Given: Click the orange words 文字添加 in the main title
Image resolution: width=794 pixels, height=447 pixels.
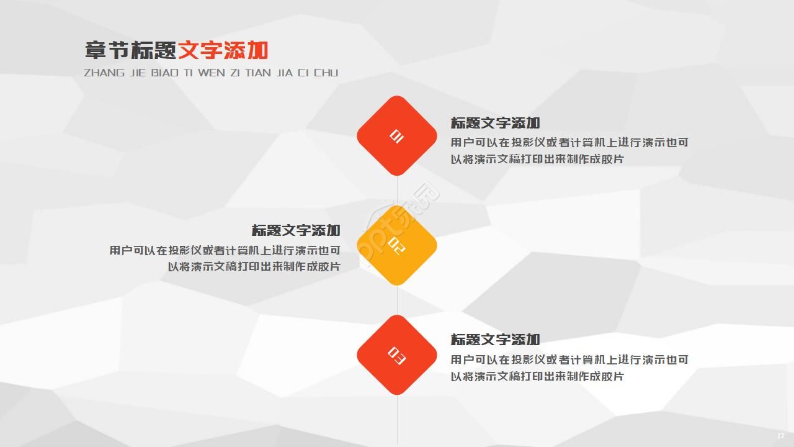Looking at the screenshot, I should pos(223,51).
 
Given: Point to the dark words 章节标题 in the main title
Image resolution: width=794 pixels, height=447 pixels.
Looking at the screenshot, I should pos(131,51).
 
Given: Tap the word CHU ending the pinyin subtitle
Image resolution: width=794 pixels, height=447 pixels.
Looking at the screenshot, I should pos(326,73).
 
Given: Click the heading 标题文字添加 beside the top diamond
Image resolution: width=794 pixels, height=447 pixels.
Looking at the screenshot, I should pos(495,123).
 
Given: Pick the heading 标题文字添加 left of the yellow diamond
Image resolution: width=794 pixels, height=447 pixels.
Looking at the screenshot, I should pos(296,230).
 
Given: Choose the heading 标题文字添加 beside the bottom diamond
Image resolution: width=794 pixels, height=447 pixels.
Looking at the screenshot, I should pos(495,340).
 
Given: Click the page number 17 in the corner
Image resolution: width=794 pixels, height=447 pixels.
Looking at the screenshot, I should pos(781,435).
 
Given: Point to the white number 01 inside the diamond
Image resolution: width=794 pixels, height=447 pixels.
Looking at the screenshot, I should pos(396,136).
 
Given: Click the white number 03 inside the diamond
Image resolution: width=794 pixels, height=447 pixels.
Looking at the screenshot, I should pos(396,355).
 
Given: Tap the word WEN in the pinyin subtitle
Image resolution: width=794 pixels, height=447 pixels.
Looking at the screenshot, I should pos(212,73).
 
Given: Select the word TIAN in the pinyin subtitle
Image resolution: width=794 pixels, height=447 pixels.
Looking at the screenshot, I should pos(258,73).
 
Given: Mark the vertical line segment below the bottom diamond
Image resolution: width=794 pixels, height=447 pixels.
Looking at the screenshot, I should pos(397,419).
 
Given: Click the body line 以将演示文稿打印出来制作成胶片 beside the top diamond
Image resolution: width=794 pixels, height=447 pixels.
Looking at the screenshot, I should pos(537,159).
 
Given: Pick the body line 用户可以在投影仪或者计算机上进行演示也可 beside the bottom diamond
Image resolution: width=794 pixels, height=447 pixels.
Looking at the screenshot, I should pos(569,359).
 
